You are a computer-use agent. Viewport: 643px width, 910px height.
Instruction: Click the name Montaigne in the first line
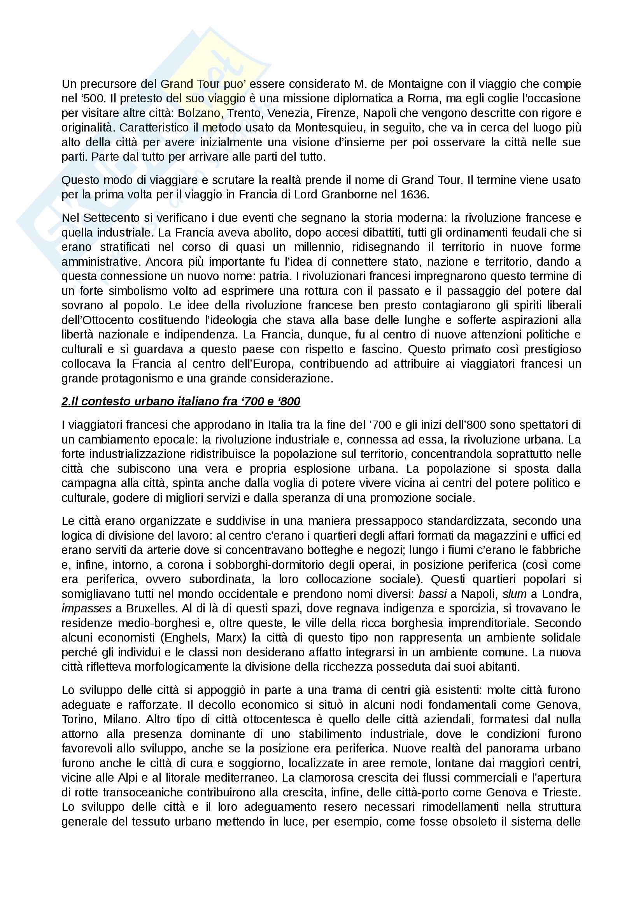point(414,84)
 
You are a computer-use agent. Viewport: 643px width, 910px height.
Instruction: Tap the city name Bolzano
point(199,113)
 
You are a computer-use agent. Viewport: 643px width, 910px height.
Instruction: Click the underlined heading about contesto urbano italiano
point(180,402)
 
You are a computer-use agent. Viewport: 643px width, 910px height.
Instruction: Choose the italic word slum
point(514,594)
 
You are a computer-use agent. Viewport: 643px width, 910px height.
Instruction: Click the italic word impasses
point(86,608)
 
